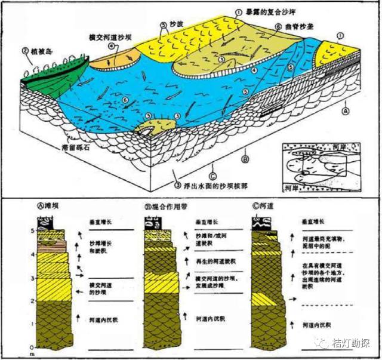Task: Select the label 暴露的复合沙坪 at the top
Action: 270,11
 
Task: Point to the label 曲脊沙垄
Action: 301,27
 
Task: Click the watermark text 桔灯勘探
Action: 352,343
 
